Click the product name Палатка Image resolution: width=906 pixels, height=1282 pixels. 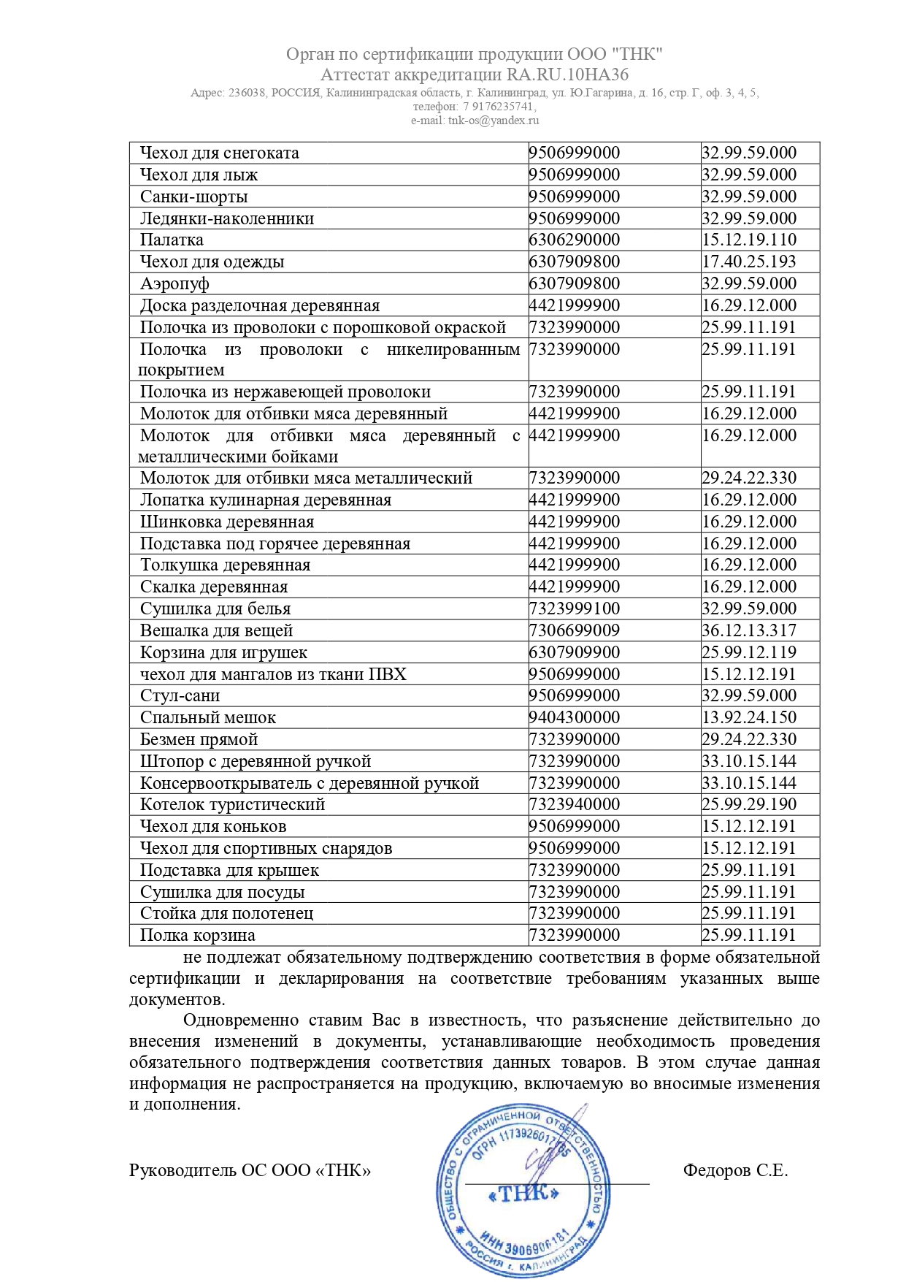[172, 240]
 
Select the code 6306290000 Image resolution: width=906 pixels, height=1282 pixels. [575, 240]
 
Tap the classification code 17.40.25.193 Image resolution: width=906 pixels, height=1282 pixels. [749, 262]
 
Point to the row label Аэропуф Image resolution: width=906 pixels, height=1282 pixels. [174, 284]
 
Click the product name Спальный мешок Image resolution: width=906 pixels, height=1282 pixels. [208, 718]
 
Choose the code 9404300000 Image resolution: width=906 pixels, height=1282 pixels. [575, 718]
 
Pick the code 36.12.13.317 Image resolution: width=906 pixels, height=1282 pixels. [749, 631]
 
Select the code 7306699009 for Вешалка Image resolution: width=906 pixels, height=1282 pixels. [575, 631]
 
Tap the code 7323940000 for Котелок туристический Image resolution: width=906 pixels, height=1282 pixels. [575, 805]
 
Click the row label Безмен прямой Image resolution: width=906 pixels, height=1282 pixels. [199, 740]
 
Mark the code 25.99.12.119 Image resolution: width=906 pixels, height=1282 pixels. [749, 653]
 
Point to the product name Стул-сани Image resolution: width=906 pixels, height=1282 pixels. [180, 696]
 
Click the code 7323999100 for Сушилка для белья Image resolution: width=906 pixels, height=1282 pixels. [575, 609]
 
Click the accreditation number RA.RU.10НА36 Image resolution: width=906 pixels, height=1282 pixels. [567, 75]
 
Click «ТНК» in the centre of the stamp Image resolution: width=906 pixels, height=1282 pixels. [523, 1194]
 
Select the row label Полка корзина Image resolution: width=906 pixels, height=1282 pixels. [198, 936]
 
